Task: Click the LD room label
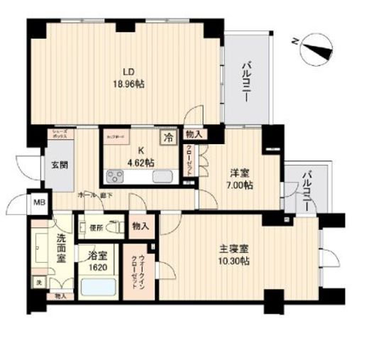tap(128, 71)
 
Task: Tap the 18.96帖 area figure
tap(128, 82)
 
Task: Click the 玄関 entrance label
tap(59, 165)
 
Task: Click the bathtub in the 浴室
tap(98, 289)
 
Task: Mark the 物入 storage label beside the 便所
tap(139, 226)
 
